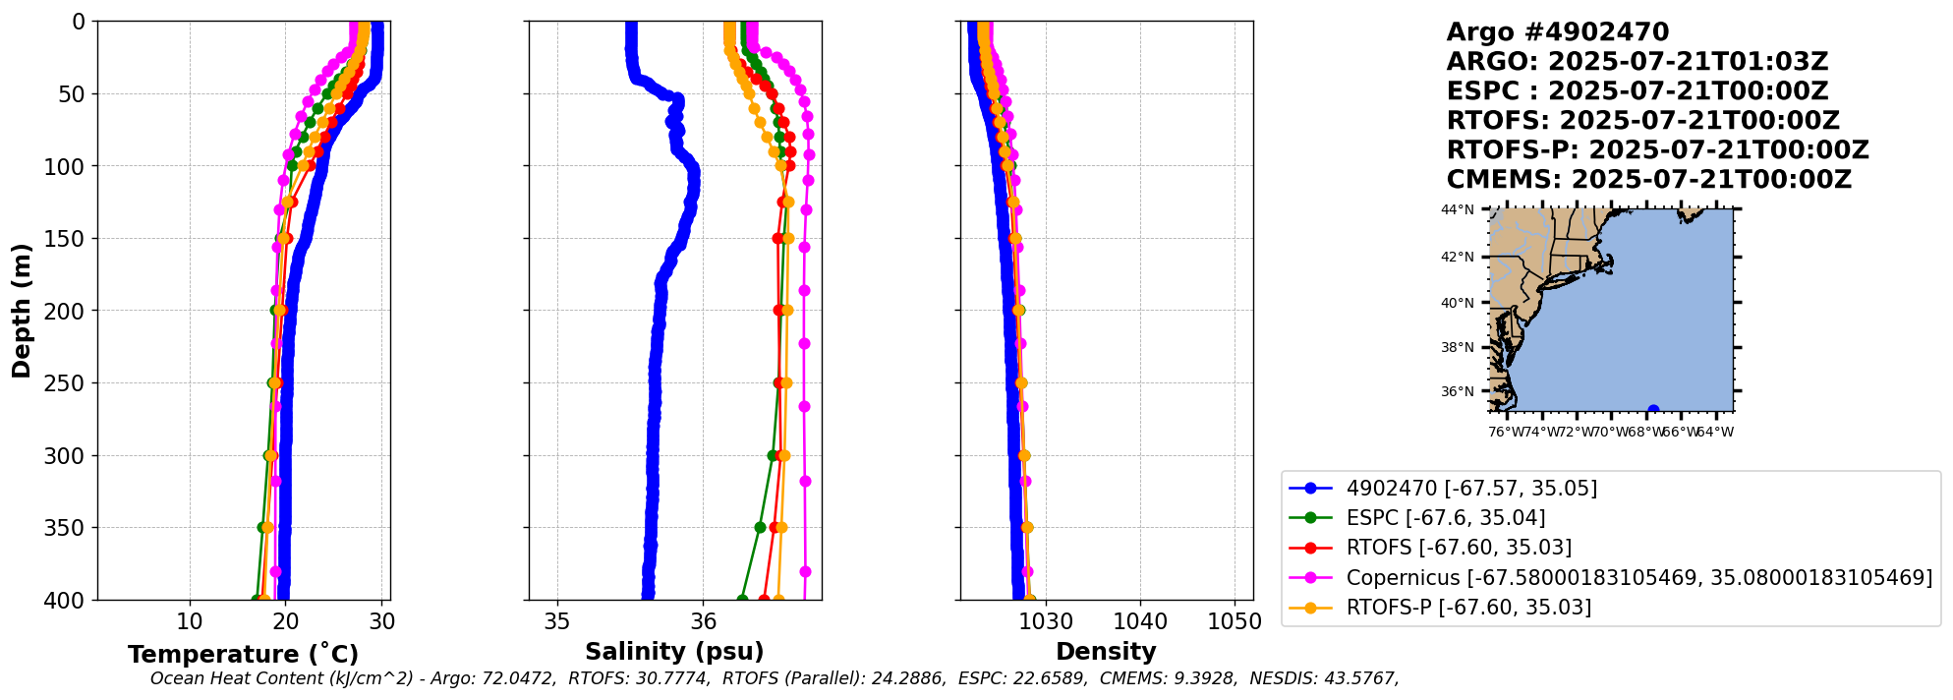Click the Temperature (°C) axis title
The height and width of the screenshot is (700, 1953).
(x=243, y=654)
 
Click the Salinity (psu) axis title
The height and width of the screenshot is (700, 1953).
(x=674, y=651)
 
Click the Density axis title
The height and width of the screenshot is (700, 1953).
(x=1106, y=651)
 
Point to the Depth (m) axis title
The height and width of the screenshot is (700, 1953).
(x=21, y=311)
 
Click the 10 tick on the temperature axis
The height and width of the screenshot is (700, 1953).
(x=190, y=621)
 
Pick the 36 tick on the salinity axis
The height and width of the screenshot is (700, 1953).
(x=703, y=621)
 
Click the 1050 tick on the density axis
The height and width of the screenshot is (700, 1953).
(x=1235, y=621)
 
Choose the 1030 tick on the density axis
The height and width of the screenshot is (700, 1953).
(x=1046, y=621)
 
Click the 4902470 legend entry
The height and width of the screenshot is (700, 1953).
(x=1471, y=488)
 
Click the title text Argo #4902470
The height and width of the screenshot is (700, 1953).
(x=1557, y=32)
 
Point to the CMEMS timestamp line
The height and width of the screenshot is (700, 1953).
(x=1648, y=180)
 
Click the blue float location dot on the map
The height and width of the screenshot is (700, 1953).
(x=1653, y=411)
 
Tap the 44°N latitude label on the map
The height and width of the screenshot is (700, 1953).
(x=1458, y=209)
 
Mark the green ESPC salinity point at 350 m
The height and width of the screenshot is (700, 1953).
(x=760, y=527)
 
